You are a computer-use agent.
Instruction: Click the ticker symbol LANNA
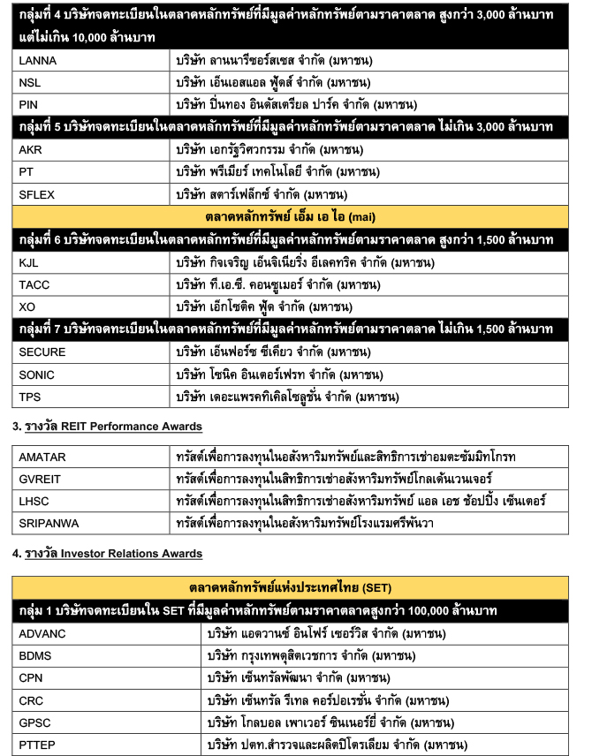coord(37,61)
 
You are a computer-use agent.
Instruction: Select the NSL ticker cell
coord(30,83)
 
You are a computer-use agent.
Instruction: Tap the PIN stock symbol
coord(29,104)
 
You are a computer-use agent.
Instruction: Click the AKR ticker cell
coord(30,149)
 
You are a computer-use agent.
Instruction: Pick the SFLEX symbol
coord(36,193)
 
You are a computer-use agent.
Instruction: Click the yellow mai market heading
coord(295,216)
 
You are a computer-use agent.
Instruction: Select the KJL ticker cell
coord(29,262)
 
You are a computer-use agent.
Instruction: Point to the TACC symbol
coord(34,284)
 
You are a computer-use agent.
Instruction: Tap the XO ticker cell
coord(27,306)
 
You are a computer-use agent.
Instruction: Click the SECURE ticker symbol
coord(42,352)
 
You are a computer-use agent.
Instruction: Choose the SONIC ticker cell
coord(36,374)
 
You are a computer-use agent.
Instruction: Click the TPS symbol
coord(30,397)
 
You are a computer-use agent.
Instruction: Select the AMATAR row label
coord(43,457)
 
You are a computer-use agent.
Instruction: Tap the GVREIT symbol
coord(41,480)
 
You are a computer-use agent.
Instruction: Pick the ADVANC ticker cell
coord(42,634)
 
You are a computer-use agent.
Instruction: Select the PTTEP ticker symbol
coord(37,745)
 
